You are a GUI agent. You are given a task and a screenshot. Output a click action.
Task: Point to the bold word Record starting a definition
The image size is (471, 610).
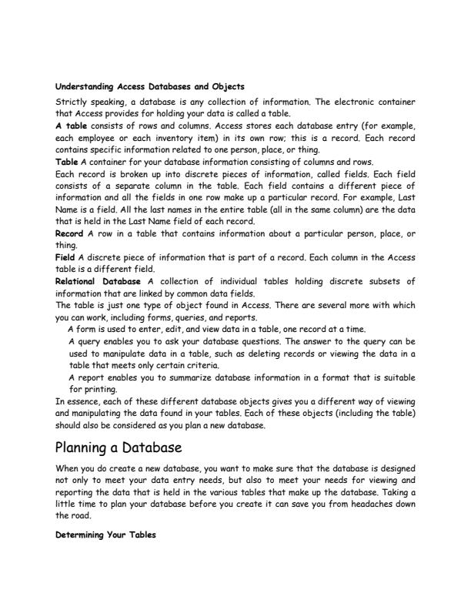coord(72,232)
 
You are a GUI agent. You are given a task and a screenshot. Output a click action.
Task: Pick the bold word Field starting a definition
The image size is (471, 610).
coord(67,256)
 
